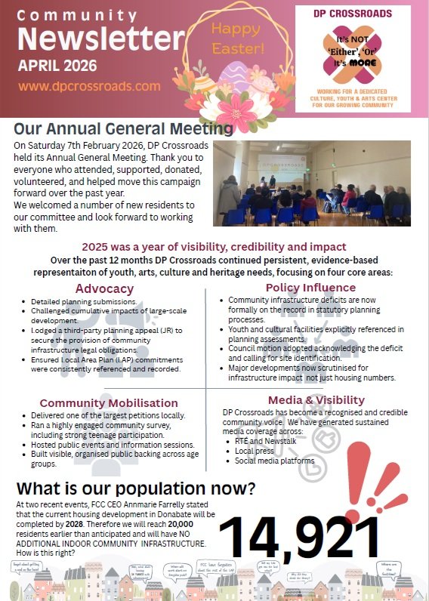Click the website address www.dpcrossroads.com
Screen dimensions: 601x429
(x=90, y=86)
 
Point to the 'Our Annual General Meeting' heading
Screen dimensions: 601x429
(x=123, y=129)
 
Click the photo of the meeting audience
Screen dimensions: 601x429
(x=311, y=183)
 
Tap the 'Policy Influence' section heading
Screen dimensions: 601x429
(x=310, y=288)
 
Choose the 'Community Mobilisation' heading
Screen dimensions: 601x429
(x=109, y=403)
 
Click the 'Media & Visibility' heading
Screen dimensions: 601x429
(x=310, y=399)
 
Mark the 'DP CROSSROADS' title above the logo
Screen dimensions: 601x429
(x=363, y=14)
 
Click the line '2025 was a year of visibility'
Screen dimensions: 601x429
(x=214, y=247)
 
